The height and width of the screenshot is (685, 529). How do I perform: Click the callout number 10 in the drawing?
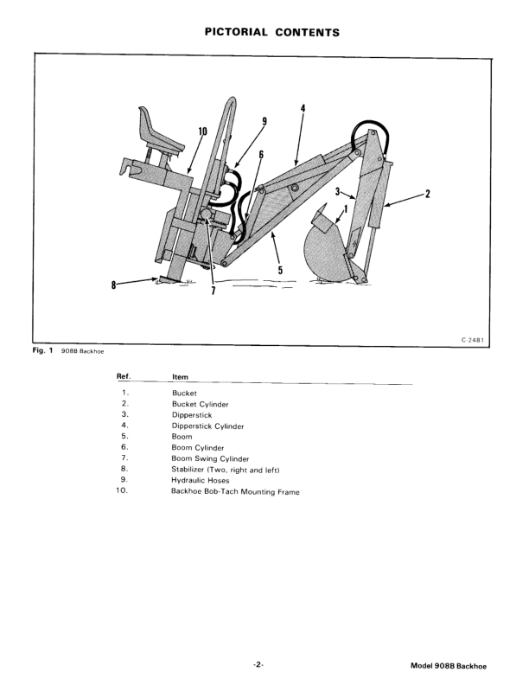coord(202,131)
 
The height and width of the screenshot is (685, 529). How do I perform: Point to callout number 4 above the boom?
coord(303,108)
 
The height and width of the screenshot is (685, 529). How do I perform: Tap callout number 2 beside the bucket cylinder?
coord(428,194)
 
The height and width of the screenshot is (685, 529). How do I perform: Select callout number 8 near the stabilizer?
coord(114,285)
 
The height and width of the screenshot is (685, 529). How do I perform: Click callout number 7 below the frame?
coord(213,290)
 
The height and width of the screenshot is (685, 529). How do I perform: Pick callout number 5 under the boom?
coord(280,271)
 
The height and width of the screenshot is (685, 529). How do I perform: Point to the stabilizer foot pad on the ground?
coord(169,279)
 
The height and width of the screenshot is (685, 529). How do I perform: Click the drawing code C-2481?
coord(473,340)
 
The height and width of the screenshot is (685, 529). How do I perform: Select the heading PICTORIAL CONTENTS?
coord(272,32)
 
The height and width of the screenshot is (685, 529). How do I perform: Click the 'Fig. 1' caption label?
coord(42,350)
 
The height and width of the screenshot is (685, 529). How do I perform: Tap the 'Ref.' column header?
coord(124,376)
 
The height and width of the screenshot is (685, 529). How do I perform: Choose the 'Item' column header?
coord(180,376)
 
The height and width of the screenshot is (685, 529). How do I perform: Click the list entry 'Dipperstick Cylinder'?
coord(207,426)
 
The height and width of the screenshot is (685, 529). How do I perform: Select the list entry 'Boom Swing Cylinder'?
coord(210,458)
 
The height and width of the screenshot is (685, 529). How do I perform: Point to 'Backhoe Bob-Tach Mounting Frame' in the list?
coord(235,491)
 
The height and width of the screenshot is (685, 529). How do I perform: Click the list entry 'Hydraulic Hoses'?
coord(200,481)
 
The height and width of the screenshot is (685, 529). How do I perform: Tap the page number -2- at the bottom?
coord(258,665)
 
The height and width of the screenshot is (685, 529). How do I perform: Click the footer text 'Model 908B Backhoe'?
coord(449,666)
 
